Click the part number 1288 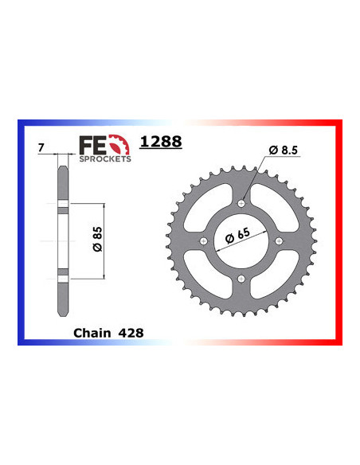tap(160, 143)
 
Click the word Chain tap(91, 333)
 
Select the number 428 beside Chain tap(129, 333)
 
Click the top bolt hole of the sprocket tap(241, 204)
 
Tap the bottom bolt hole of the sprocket tap(241, 279)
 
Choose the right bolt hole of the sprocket tap(278, 241)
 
